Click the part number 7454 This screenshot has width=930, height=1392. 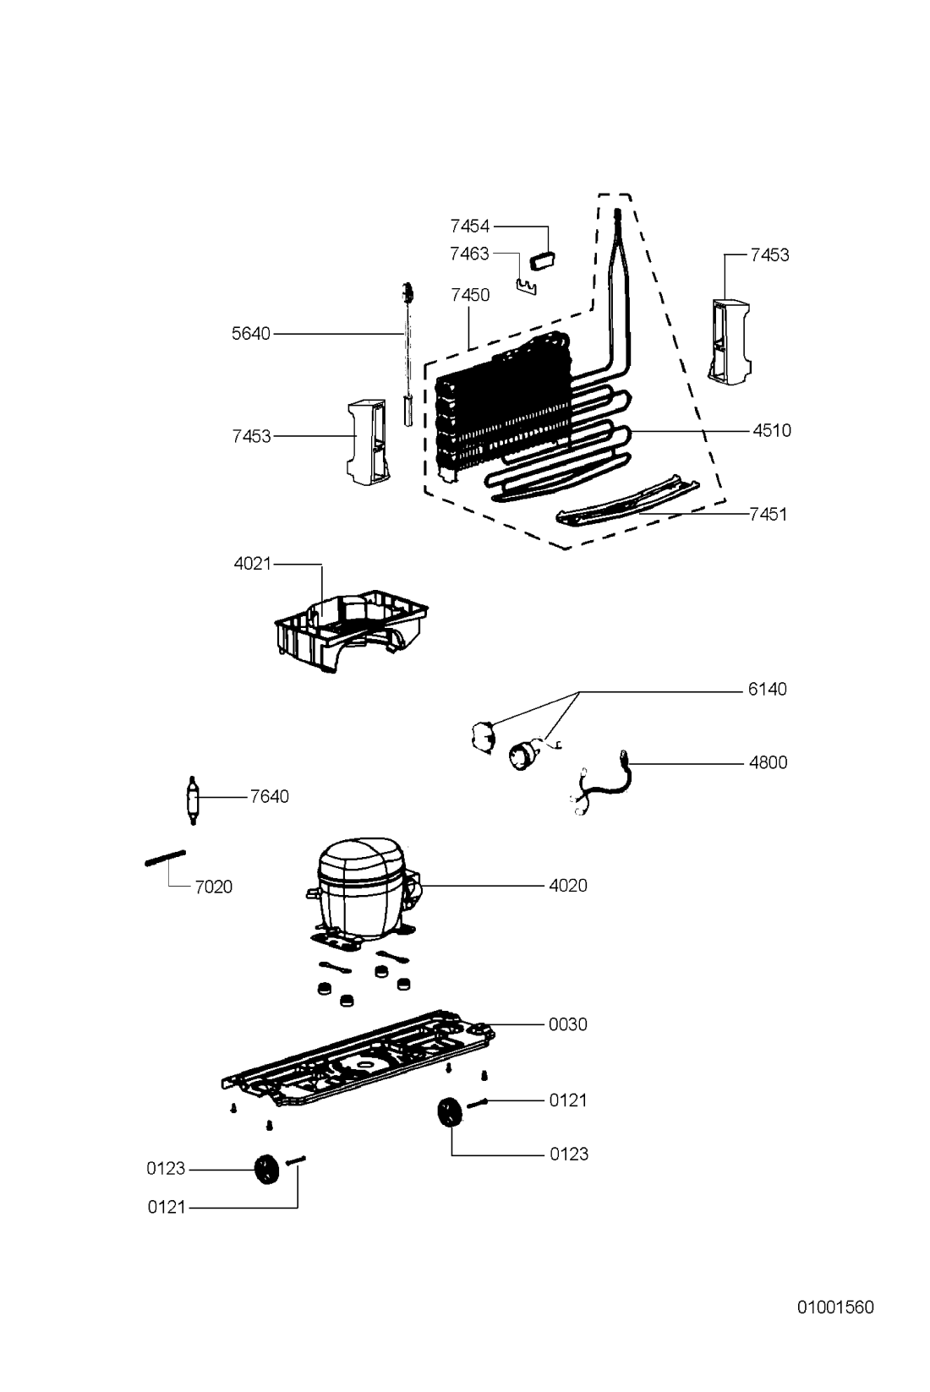[x=470, y=227]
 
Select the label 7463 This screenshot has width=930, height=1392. [x=470, y=254]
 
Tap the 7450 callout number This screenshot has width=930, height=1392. [x=471, y=295]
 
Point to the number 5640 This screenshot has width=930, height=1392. [x=251, y=334]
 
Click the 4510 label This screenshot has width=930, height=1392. [x=772, y=430]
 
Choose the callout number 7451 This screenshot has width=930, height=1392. [x=769, y=514]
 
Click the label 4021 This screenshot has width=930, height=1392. [x=253, y=564]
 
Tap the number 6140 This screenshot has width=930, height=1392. [x=768, y=689]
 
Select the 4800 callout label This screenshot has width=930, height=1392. [x=769, y=762]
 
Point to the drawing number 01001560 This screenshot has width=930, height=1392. [x=835, y=1307]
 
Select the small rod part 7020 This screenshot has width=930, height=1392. [x=166, y=858]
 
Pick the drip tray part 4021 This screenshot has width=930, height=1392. [x=351, y=630]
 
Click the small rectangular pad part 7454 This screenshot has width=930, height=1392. [x=542, y=259]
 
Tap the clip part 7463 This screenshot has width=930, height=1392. [x=526, y=287]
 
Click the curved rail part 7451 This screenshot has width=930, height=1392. [x=628, y=501]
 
